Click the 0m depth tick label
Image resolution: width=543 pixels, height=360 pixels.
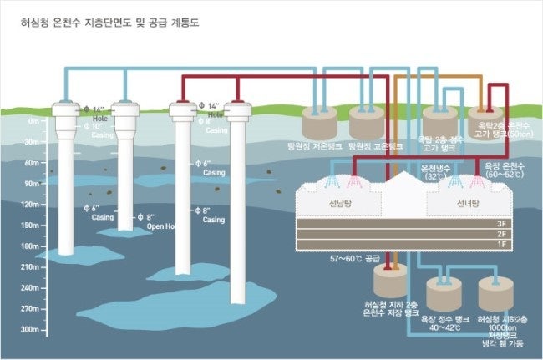(x=33, y=121)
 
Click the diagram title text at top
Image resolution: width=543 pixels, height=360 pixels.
(x=109, y=23)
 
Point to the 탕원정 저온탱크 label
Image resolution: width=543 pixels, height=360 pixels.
(x=313, y=145)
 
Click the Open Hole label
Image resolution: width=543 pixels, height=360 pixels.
(x=161, y=226)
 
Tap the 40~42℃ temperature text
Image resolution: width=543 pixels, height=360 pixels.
(x=444, y=328)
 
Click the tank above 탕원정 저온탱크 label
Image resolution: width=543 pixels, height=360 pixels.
(x=317, y=124)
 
